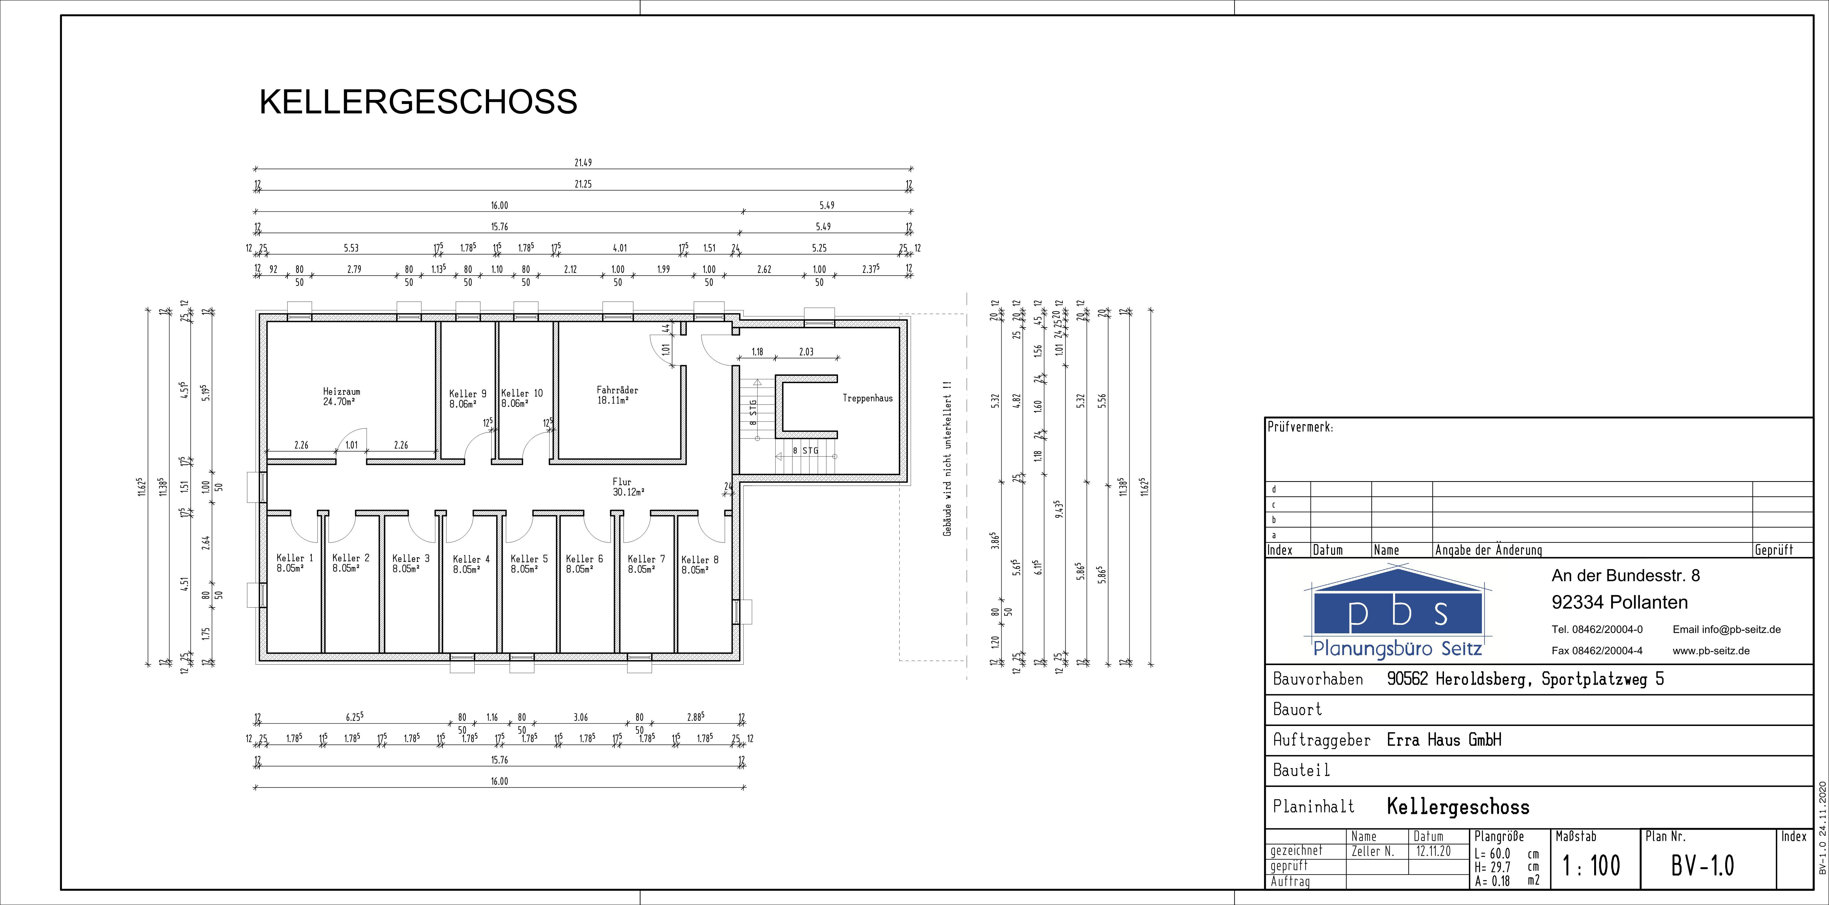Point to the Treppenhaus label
pos(868,398)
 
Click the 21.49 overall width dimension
pos(583,163)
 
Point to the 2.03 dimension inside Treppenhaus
pos(806,351)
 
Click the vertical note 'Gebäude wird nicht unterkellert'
pos(947,458)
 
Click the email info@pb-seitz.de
pos(1727,629)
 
